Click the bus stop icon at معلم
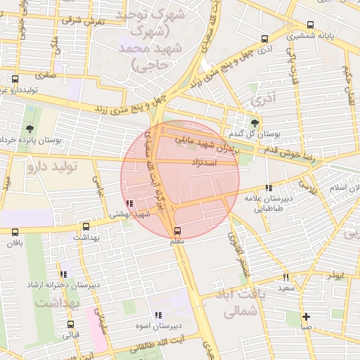tap(176, 231)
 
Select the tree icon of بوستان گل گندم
tap(254, 123)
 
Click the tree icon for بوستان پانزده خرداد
tap(30, 129)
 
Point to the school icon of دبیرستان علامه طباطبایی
tap(268, 188)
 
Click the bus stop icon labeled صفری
tap(15, 79)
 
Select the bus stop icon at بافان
tap(15, 232)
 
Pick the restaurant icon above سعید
tap(285, 277)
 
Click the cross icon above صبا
tap(305, 316)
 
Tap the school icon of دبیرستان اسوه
tap(158, 316)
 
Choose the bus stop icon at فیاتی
tap(70, 324)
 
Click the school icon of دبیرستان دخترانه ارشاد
tap(63, 274)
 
